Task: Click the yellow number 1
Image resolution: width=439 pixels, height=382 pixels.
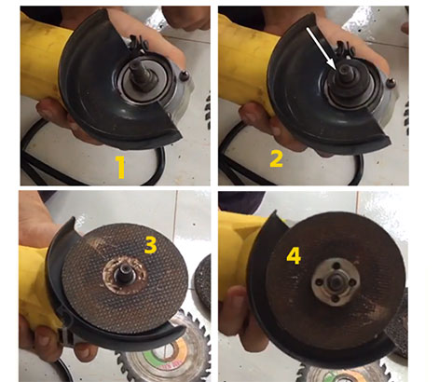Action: tap(120, 167)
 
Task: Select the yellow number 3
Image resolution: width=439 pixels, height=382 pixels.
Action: tap(150, 245)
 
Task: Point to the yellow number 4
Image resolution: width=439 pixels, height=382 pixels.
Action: tap(294, 256)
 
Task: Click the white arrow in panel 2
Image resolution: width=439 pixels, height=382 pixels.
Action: tap(321, 48)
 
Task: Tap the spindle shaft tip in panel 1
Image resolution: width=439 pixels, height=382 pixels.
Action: tap(136, 67)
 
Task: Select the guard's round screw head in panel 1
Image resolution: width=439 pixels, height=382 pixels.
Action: tap(185, 75)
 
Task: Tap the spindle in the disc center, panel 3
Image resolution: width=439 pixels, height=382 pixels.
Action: tap(122, 273)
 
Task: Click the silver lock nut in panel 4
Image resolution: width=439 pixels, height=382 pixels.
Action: tap(336, 281)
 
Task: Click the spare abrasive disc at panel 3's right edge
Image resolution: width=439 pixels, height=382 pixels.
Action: tap(202, 283)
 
